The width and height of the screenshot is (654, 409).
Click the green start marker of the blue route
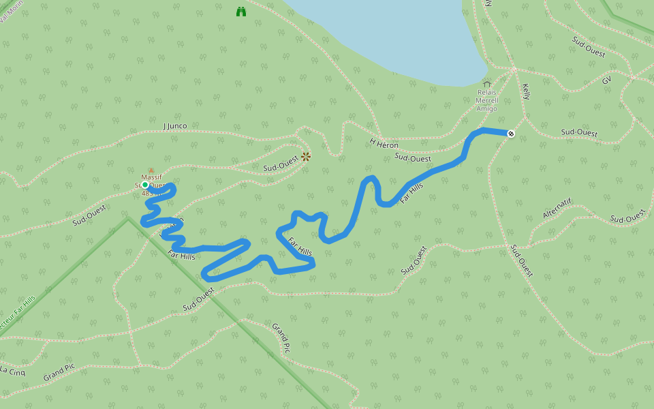point(145,185)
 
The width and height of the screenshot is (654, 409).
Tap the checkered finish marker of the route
point(510,134)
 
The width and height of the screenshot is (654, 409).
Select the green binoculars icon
point(240,12)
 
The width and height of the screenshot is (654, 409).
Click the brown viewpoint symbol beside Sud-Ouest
point(306,157)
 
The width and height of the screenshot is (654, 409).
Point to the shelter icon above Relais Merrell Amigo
point(486,84)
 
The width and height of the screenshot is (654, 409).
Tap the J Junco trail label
point(175,126)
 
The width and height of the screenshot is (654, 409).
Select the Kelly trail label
point(526,92)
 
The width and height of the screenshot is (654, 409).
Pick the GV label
point(606,80)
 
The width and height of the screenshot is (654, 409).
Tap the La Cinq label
point(12,371)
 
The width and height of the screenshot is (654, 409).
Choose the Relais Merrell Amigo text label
point(486,100)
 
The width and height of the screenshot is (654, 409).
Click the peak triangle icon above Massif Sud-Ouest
point(151,170)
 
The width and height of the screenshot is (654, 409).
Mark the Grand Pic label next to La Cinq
point(59,372)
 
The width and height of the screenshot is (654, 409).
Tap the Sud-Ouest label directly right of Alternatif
point(627,217)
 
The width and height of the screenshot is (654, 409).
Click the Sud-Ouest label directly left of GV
point(589,46)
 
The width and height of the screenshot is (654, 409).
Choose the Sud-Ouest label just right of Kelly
point(579,132)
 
